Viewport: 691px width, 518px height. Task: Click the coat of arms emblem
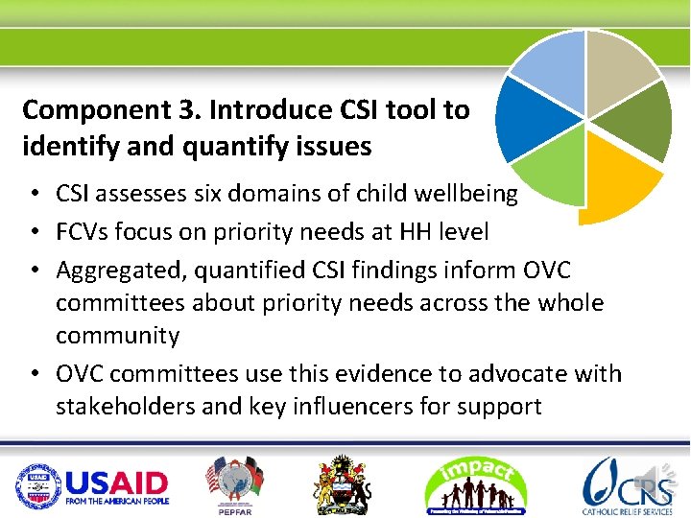point(344,484)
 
